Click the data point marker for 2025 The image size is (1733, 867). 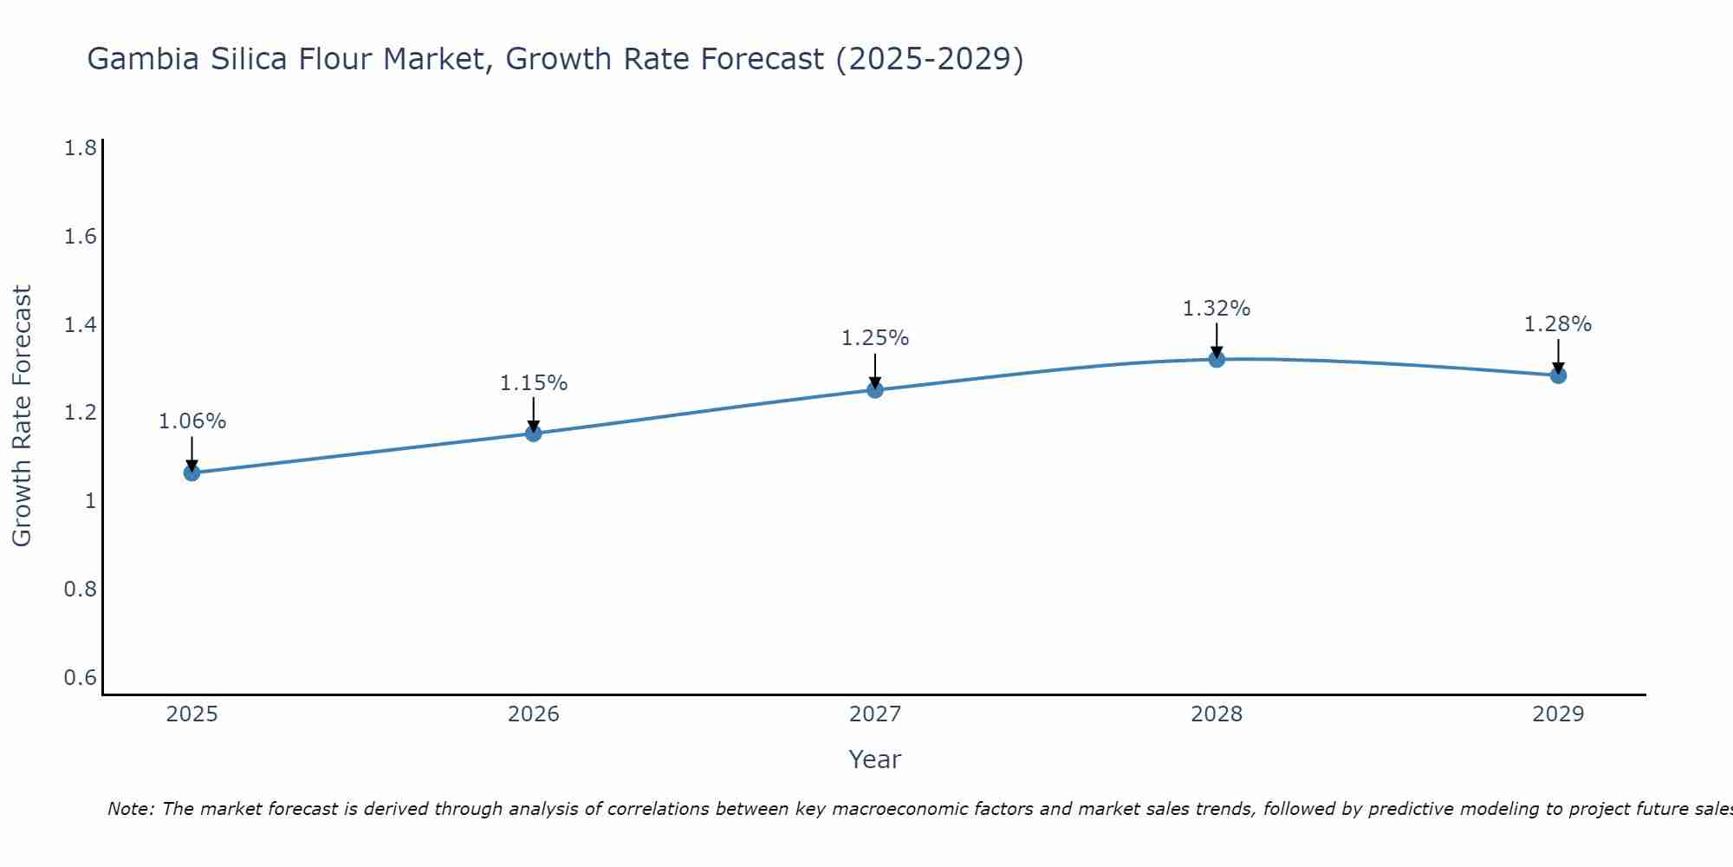(x=191, y=473)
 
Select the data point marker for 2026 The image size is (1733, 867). (x=534, y=433)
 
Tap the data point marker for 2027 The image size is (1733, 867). (x=875, y=389)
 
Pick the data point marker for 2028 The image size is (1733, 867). (x=1217, y=359)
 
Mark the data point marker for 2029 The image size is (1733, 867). (x=1558, y=375)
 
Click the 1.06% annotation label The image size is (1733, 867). (x=191, y=421)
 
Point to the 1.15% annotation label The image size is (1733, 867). (x=534, y=382)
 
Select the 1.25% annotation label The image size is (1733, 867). (x=875, y=338)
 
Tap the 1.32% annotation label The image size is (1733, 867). (x=1217, y=308)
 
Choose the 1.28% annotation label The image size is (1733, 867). (x=1558, y=324)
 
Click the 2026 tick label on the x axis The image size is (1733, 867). (x=534, y=714)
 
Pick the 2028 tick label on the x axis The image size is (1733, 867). (x=1217, y=714)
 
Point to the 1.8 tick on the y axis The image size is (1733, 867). (x=81, y=148)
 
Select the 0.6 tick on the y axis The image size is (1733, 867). (x=81, y=677)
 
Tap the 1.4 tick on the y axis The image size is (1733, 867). (x=81, y=325)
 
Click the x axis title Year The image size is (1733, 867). (x=875, y=759)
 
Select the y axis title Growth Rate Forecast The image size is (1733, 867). (x=22, y=416)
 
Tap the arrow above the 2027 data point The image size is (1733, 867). (x=875, y=371)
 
